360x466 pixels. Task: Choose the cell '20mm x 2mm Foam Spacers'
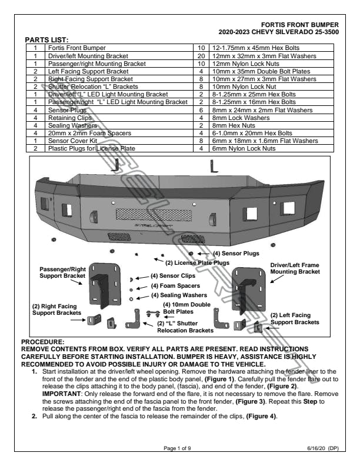coord(82,133)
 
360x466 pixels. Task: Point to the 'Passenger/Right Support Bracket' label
coord(62,272)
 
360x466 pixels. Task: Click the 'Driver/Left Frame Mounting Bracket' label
coord(295,269)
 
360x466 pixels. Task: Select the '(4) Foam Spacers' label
coord(172,285)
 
